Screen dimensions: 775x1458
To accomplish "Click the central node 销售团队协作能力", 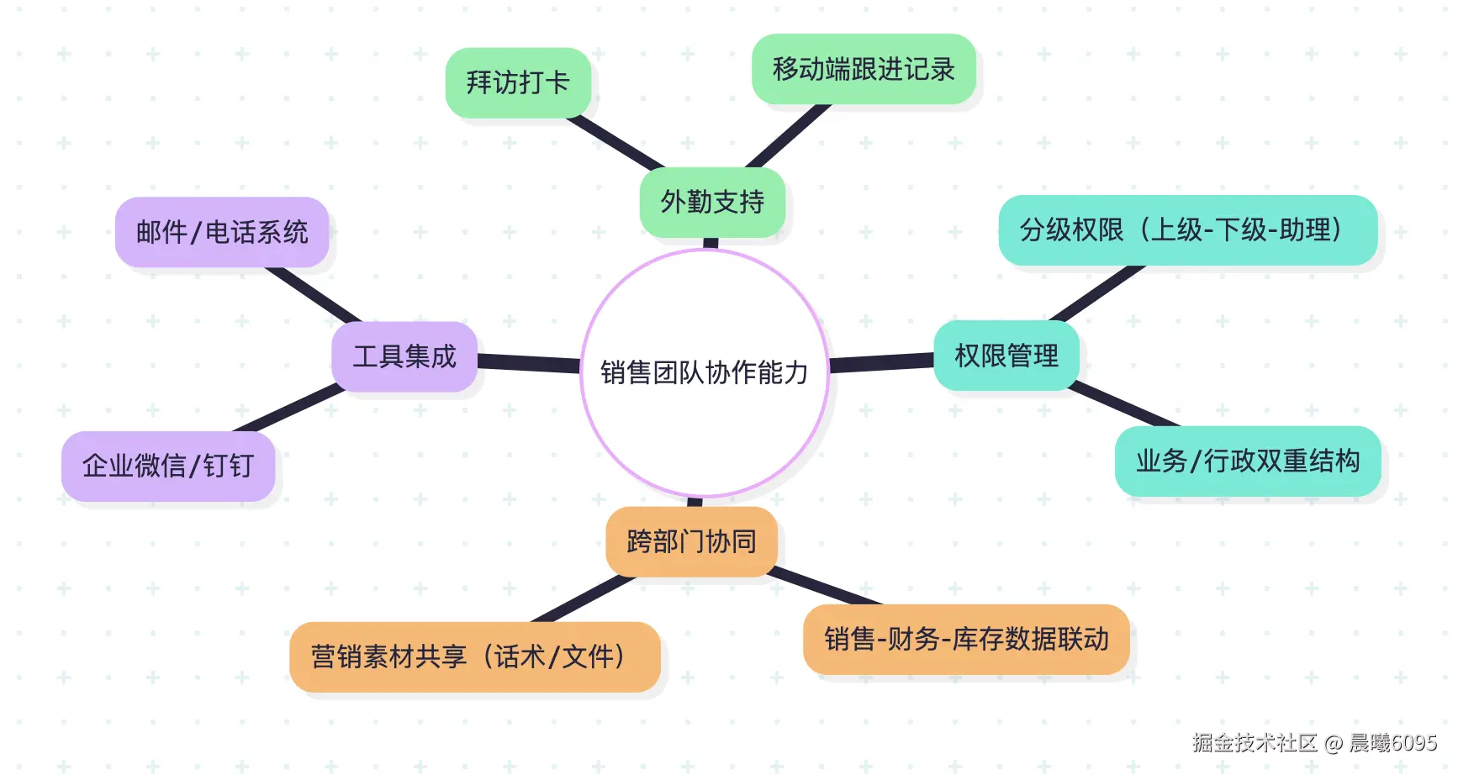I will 705,372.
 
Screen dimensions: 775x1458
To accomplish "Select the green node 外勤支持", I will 712,202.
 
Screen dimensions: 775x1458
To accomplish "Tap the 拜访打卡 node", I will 518,82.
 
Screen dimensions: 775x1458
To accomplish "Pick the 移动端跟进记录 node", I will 864,69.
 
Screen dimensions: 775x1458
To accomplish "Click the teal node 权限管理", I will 1006,356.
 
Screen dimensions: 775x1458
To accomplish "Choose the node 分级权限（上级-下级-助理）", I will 1187,230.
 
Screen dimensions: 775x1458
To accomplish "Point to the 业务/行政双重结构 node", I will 1248,461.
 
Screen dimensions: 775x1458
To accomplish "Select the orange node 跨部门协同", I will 691,541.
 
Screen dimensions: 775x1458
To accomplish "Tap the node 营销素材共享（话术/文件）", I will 474,656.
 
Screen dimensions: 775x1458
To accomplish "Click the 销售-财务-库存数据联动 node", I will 966,639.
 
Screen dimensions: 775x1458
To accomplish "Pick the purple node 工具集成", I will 404,356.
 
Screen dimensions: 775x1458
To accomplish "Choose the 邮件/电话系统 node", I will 222,232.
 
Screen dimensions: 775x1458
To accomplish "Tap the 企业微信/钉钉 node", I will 168,466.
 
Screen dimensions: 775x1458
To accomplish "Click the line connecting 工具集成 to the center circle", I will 529,363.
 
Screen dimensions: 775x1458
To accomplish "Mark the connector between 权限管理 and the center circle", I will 881,362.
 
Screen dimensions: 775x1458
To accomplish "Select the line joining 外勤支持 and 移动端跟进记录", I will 788,136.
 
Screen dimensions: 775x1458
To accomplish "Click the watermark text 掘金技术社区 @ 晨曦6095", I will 1314,742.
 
